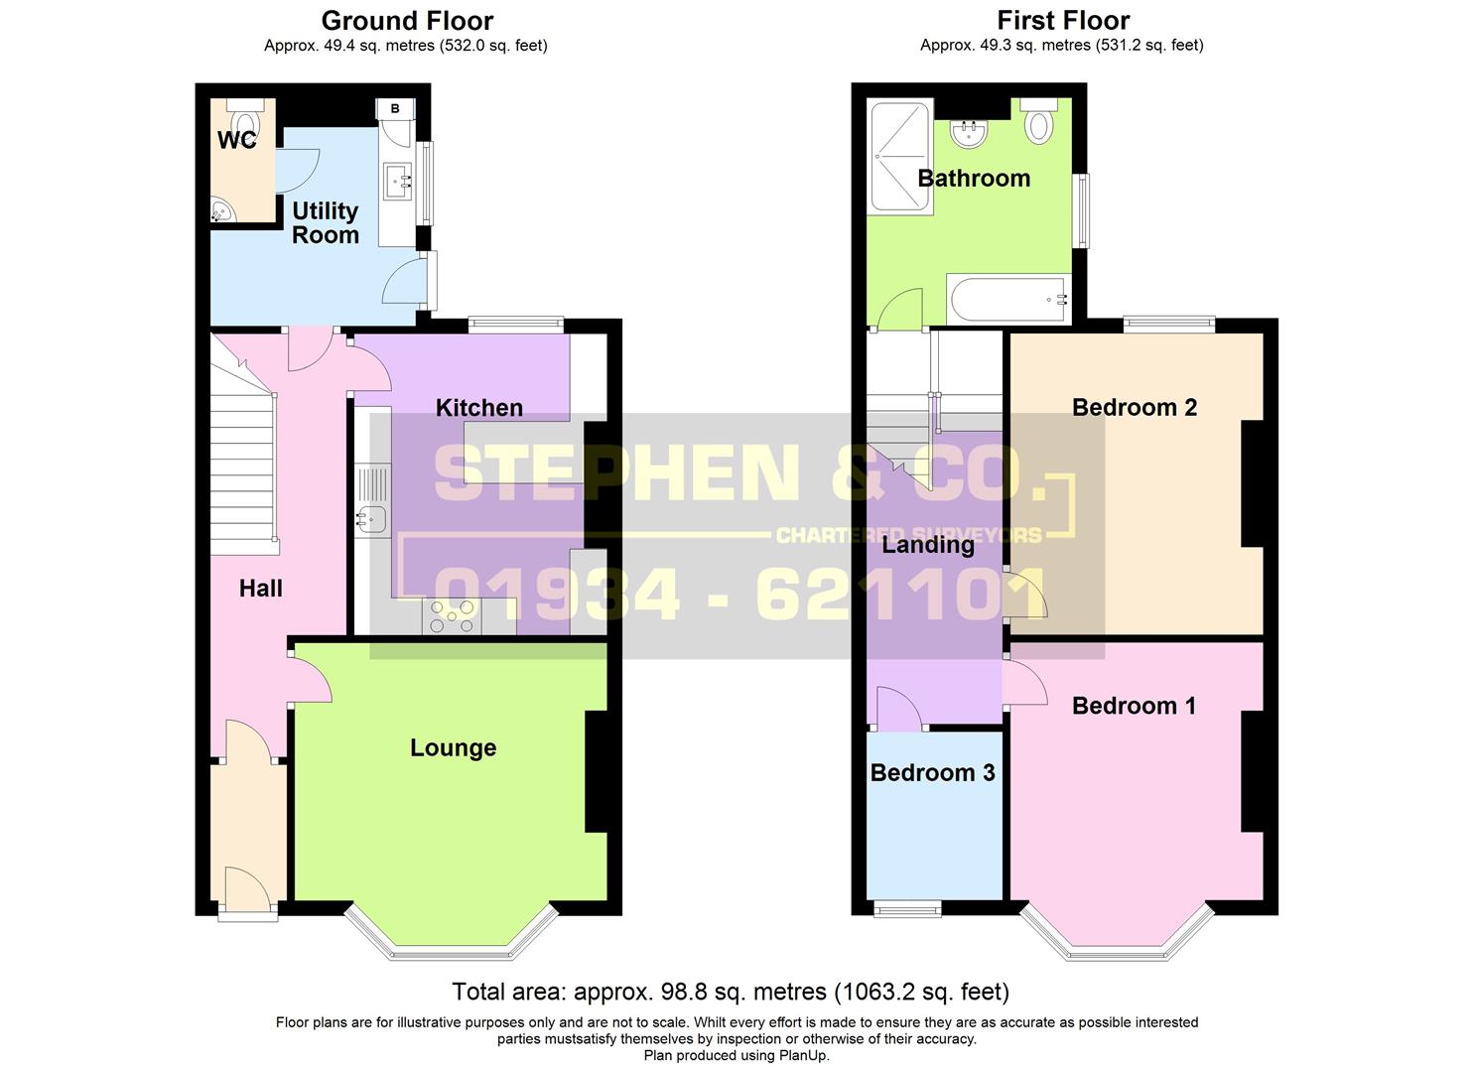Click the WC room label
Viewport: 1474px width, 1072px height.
tap(237, 141)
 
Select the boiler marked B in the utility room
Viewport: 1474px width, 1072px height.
tap(395, 109)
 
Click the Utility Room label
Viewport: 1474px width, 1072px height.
tap(325, 223)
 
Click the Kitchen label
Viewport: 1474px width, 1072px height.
tap(478, 408)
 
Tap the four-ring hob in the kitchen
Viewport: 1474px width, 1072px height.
tap(452, 617)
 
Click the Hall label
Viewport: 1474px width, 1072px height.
tap(260, 589)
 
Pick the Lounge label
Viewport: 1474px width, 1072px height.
tap(453, 748)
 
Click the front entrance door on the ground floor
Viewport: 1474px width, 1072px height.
tap(247, 889)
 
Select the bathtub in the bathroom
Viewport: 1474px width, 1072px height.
tap(1007, 299)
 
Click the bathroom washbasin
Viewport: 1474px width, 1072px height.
tap(967, 131)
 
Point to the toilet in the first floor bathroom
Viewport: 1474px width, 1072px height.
tap(1038, 121)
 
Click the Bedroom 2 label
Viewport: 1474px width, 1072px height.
tap(1134, 408)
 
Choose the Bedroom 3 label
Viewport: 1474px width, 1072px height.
tap(932, 773)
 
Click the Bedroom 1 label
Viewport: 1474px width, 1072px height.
tap(1134, 706)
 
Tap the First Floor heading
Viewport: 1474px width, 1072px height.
tap(1062, 21)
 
